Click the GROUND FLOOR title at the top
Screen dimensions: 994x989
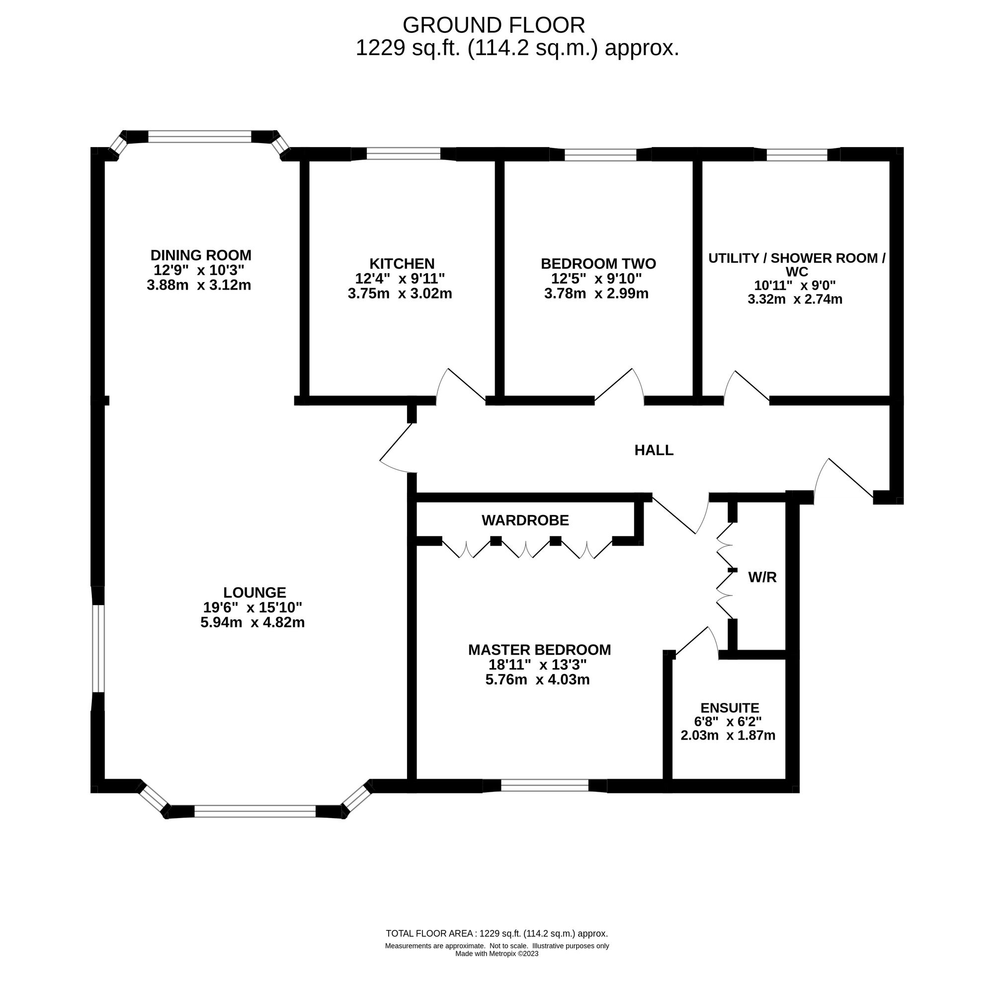coord(494,25)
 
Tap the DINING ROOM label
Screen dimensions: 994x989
coord(201,255)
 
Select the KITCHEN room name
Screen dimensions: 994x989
coord(402,264)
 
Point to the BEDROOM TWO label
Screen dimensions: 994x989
coord(598,264)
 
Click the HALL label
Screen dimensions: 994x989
coord(654,451)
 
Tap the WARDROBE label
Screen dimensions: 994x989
coord(525,521)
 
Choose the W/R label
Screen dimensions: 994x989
coord(762,578)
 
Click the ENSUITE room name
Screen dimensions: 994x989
coord(730,708)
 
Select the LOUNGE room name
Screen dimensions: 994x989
coord(254,593)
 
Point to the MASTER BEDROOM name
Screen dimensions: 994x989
coord(540,650)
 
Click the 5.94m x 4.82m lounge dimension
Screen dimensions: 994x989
coord(252,622)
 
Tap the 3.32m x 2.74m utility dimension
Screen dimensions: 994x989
coord(795,299)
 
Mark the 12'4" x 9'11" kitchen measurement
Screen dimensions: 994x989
coord(400,278)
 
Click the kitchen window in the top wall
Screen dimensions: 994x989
coord(404,154)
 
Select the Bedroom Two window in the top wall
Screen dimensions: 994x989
coord(600,154)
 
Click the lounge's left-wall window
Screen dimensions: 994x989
coord(98,649)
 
